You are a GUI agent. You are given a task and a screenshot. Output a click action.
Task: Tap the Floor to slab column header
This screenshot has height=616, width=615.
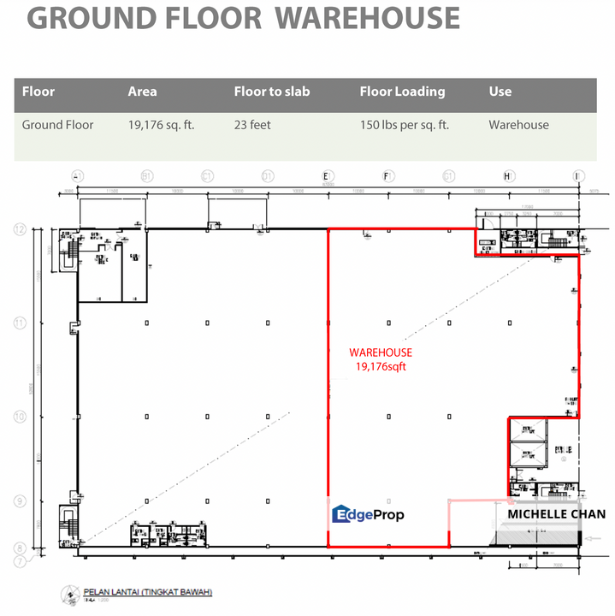coord(271,92)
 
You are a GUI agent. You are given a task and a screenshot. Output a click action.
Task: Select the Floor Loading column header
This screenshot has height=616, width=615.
coord(402,92)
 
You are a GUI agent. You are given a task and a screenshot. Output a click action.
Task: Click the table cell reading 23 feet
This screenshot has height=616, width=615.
coord(252,125)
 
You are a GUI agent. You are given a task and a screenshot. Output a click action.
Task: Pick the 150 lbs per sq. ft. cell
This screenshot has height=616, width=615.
coord(405,125)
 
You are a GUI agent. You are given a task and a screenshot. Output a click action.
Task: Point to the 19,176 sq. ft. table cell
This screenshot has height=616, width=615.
coord(161,125)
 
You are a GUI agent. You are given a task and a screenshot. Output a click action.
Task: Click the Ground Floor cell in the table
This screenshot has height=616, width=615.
coord(58,125)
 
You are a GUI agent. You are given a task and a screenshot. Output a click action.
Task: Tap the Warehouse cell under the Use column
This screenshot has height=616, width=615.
coord(518,125)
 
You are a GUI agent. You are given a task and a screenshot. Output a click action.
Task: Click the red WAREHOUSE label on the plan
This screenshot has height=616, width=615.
coord(381,352)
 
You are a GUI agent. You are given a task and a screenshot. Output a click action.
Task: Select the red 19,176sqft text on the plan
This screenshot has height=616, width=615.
coord(381,366)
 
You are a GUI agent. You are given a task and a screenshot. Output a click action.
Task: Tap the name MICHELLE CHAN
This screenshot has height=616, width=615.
coord(557,514)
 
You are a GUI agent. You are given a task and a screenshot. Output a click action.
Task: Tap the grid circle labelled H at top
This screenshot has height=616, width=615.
coord(507,176)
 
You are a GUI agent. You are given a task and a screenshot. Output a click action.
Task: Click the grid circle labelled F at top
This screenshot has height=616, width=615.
coord(387,176)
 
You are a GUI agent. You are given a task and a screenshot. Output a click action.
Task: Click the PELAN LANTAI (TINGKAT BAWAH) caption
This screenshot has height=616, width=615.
coord(148,592)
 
